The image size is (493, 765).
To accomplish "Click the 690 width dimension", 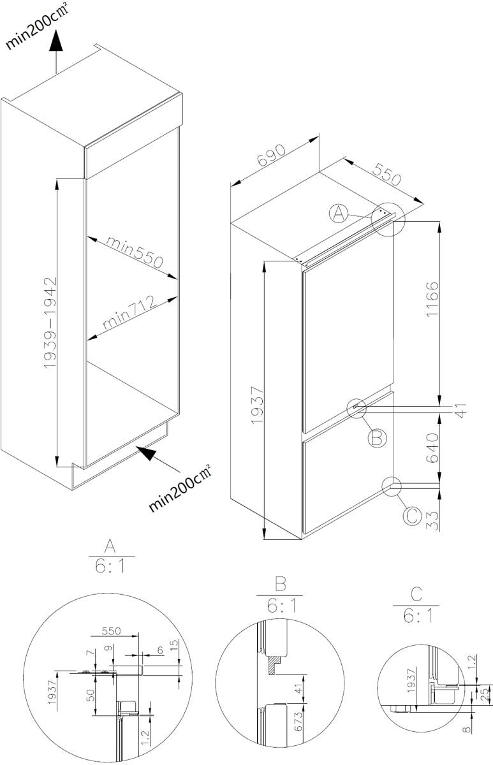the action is pos(271,155).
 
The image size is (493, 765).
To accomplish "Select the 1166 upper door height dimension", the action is pos(432,299).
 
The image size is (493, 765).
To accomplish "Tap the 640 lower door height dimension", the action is pos(432,448).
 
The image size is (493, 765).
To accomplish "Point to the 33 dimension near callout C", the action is pos(432,520).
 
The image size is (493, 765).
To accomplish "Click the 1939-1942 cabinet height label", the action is pos(50,323).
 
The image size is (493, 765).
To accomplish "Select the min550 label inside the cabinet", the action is pos(135,252).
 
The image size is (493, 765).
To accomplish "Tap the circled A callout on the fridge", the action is pos(339,214).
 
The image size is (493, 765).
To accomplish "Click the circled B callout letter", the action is pos(377,437).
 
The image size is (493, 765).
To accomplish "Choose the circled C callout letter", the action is pos(413,516).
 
